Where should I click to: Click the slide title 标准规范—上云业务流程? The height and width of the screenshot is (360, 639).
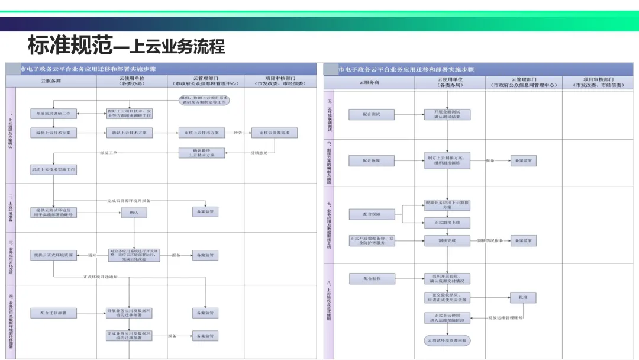(127, 45)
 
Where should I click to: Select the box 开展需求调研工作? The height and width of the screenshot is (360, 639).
(53, 113)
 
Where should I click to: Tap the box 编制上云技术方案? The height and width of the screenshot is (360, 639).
(53, 133)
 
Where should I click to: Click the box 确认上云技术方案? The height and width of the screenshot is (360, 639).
(129, 133)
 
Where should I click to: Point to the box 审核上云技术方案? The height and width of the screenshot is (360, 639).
(202, 133)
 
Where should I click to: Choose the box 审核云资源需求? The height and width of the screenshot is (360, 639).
(275, 133)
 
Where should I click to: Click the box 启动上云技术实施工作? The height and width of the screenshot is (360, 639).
(53, 169)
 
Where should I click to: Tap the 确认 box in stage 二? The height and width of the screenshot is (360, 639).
(134, 212)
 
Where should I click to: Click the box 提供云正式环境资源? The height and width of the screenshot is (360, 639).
(53, 256)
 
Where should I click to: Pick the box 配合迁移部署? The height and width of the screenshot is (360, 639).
(53, 313)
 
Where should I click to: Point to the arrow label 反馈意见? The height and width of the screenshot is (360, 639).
(259, 153)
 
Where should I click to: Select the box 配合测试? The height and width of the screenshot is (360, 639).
(372, 114)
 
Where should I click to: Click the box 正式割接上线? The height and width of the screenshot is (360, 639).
(447, 223)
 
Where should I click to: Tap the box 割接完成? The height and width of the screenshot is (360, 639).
(447, 240)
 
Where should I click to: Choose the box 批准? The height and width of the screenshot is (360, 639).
(523, 298)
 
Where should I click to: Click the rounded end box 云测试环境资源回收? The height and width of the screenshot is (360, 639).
(447, 340)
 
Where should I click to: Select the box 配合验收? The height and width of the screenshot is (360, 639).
(372, 278)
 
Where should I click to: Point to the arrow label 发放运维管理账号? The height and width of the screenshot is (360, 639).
(505, 319)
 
